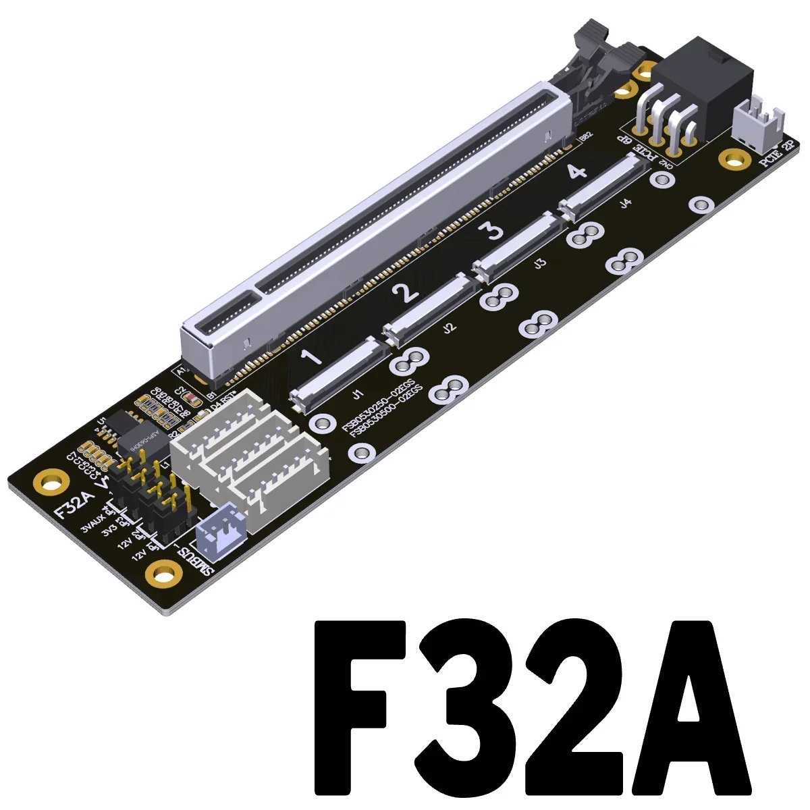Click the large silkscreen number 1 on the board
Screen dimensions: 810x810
click(313, 358)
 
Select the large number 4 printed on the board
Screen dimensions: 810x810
click(575, 171)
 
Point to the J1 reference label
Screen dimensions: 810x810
click(357, 394)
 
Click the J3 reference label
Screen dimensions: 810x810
click(539, 265)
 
